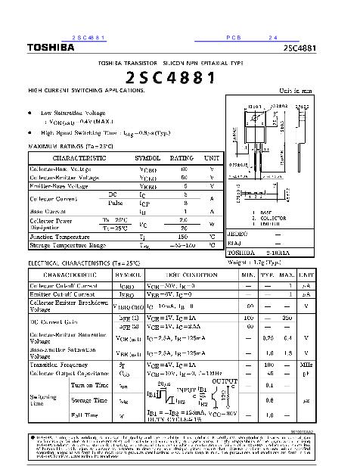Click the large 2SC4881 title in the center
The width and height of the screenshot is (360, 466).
coord(171,77)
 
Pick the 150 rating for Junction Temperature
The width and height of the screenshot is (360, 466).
coord(182,237)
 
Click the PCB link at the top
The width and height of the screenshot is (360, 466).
coord(232,38)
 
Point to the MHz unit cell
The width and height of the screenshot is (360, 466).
coord(306,364)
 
